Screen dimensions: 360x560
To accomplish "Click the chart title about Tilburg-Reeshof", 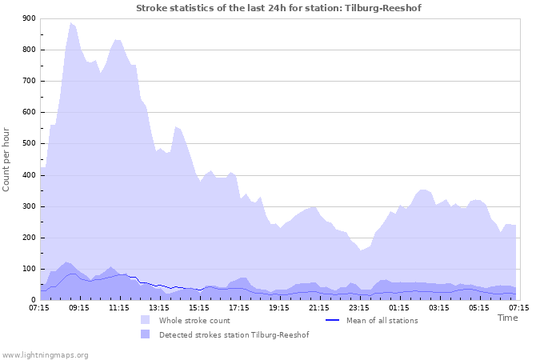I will click(278, 8).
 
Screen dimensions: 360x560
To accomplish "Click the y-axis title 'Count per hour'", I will click(7, 158).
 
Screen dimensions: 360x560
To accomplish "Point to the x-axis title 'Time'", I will click(507, 318).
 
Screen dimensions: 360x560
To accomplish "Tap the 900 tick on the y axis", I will click(28, 18).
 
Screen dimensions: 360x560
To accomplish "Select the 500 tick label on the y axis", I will click(28, 144).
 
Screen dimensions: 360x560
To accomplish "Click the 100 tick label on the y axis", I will click(28, 270).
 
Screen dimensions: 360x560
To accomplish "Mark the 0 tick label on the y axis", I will click(33, 301).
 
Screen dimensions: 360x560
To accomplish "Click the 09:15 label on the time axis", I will click(79, 307).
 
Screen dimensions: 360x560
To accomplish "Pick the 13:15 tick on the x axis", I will click(159, 307).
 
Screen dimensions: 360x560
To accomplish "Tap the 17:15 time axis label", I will click(239, 307).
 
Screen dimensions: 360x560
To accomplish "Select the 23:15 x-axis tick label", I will click(359, 307).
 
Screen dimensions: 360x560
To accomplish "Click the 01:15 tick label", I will click(399, 307).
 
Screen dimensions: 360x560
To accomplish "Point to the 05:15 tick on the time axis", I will click(479, 307).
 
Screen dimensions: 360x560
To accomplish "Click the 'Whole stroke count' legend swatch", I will click(145, 320).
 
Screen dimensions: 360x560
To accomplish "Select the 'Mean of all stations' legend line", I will click(333, 320).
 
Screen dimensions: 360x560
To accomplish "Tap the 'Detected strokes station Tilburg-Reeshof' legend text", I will click(234, 335).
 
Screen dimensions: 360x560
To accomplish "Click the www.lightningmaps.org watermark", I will click(45, 354).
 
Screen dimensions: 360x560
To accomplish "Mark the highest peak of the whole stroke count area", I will click(70, 23).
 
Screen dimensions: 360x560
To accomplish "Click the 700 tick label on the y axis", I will click(28, 82).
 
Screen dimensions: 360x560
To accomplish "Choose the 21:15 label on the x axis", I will click(319, 307).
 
